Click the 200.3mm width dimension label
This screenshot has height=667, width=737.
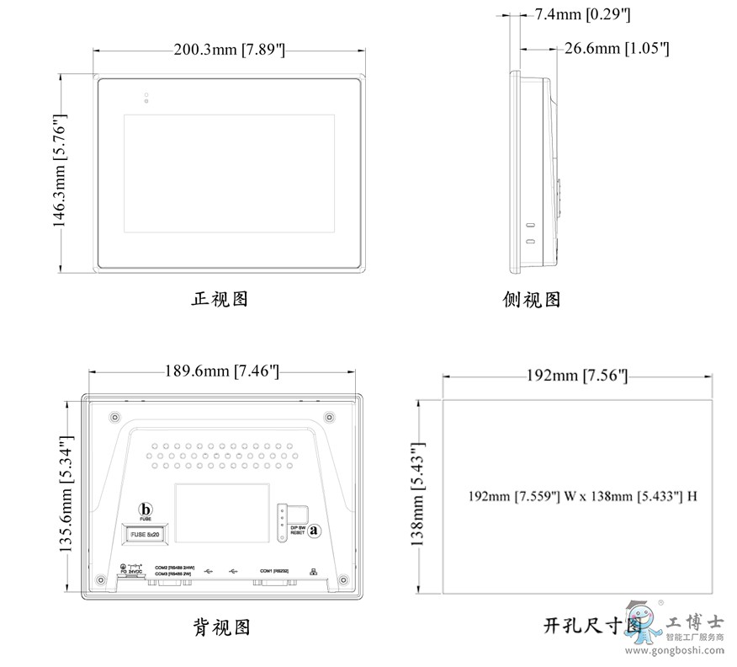[229, 51]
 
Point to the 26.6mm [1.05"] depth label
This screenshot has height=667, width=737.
[616, 49]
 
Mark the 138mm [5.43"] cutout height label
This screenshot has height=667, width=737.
[418, 495]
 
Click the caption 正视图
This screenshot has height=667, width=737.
[220, 299]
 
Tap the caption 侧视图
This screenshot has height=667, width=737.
[532, 300]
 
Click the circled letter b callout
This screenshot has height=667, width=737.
[146, 510]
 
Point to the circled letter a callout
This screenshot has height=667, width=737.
[315, 531]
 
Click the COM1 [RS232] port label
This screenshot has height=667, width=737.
[275, 571]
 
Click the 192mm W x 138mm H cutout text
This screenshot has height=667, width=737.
[582, 496]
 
